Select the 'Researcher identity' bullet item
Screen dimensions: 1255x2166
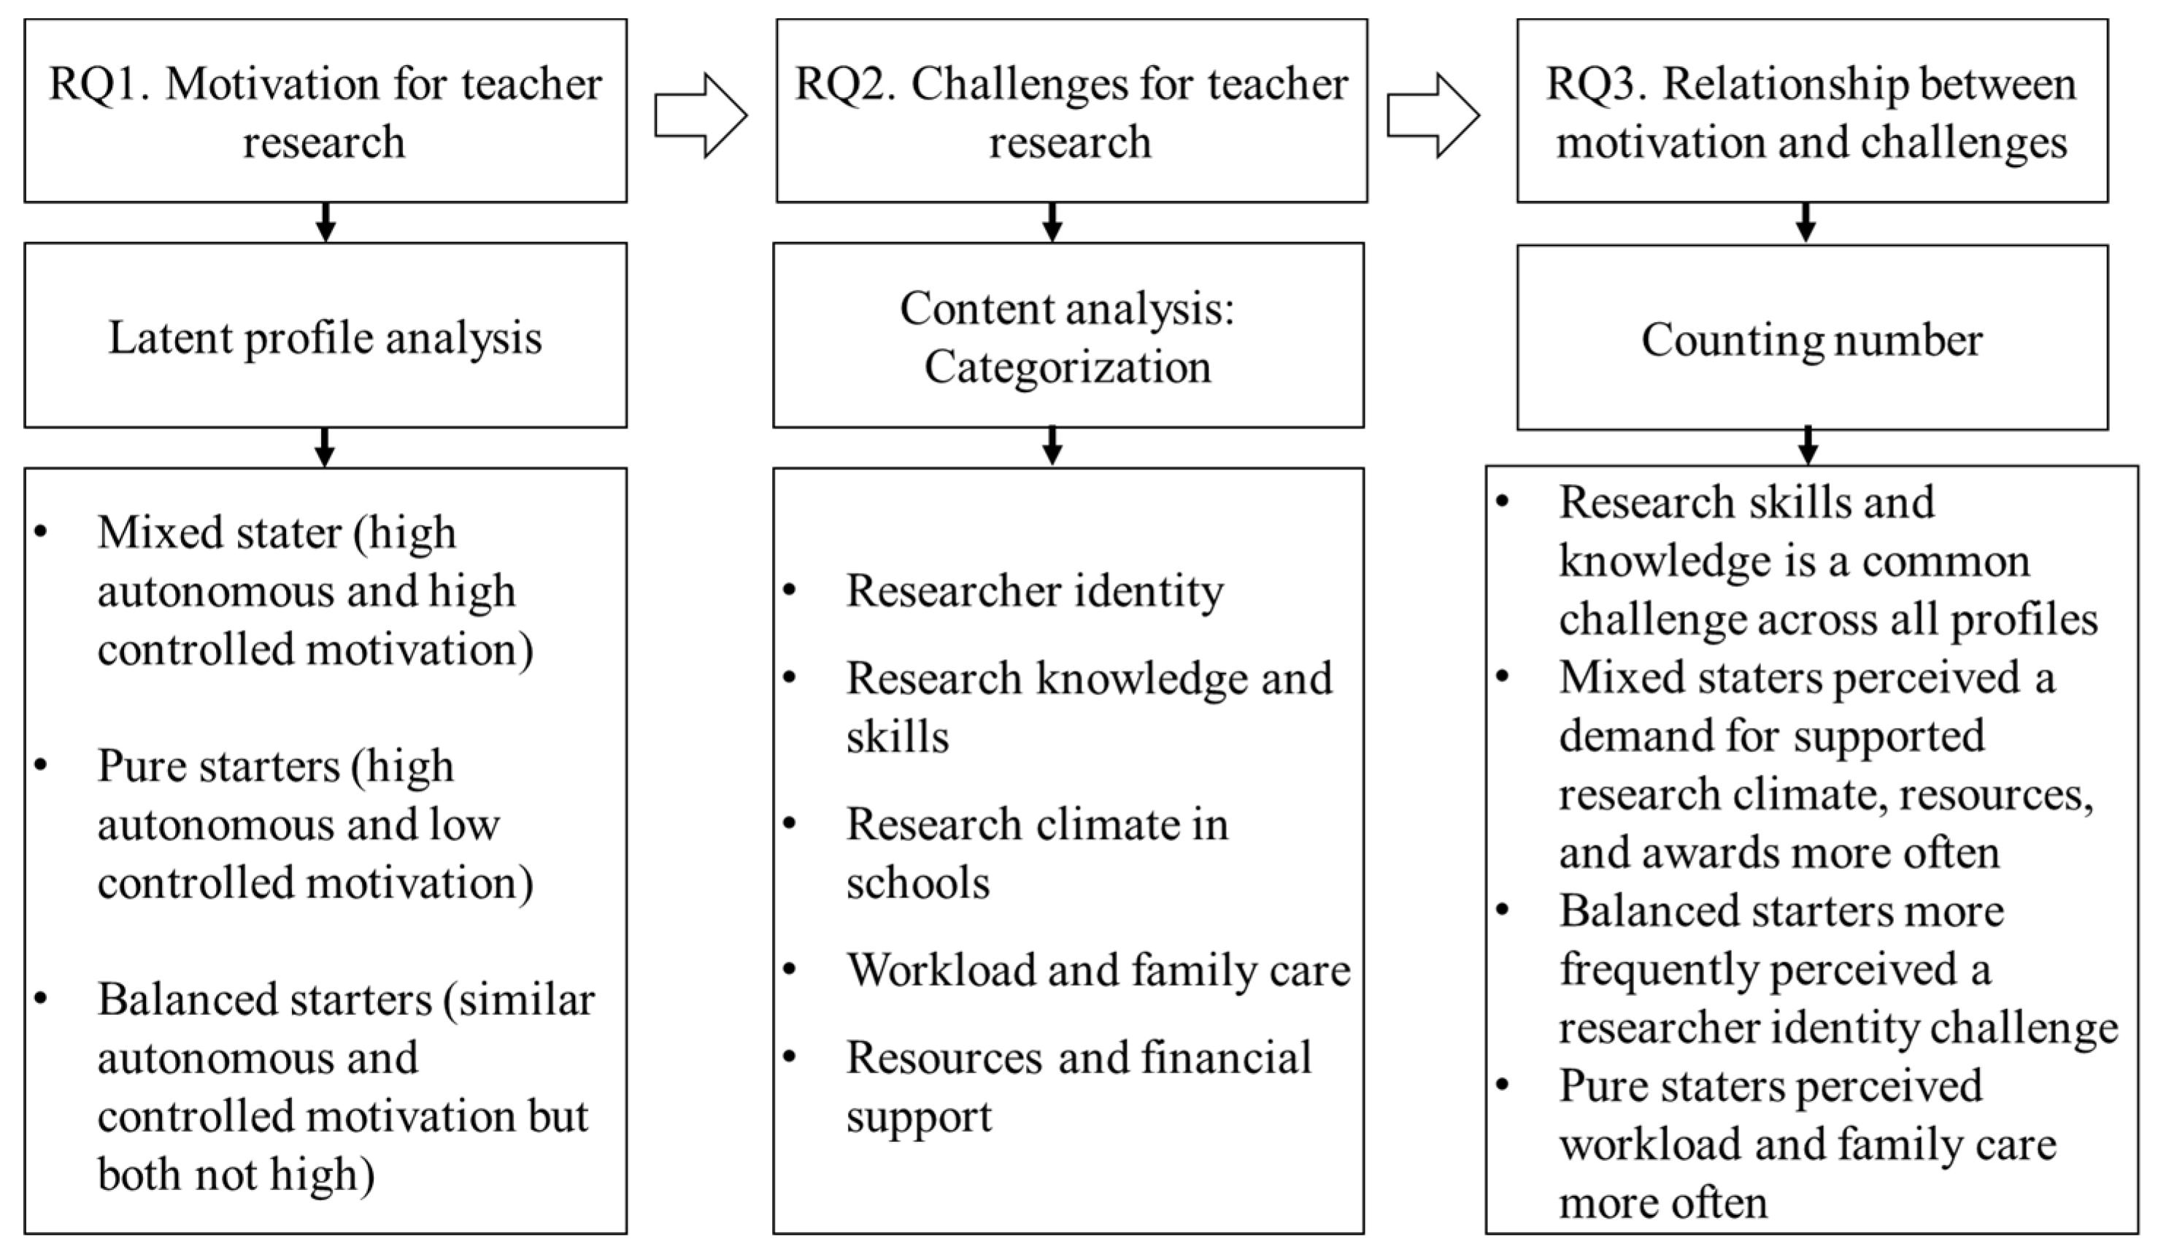(x=1035, y=591)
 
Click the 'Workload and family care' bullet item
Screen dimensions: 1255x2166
(x=1098, y=970)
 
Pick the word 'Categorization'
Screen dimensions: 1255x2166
(x=1068, y=367)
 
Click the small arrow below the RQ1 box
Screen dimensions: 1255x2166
(x=325, y=223)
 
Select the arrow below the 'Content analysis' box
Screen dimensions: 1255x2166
(x=1052, y=446)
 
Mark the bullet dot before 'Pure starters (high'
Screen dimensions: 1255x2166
(x=40, y=765)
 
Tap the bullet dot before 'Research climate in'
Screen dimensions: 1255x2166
(x=790, y=824)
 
